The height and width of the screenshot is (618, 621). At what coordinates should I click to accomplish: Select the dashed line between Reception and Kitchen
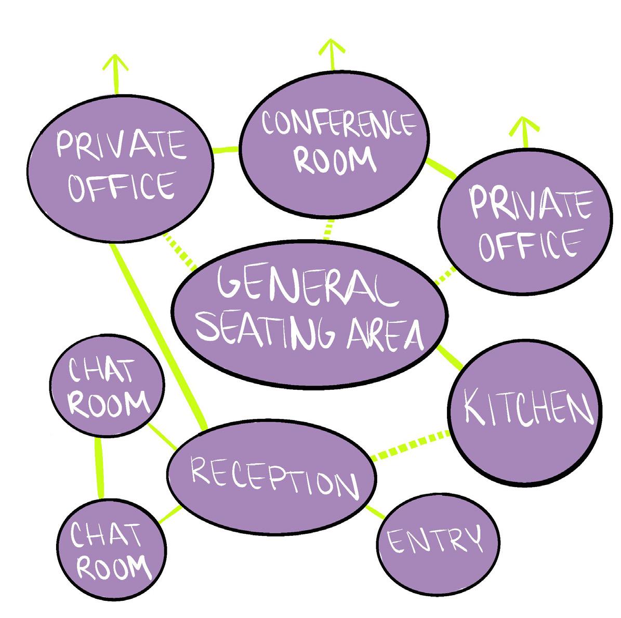point(411,445)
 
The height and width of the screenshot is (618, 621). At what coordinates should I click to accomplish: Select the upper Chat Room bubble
point(107,387)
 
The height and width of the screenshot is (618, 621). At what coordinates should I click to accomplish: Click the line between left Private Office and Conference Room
point(226,150)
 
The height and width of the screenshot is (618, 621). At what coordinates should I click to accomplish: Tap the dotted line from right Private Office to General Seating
point(444,276)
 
